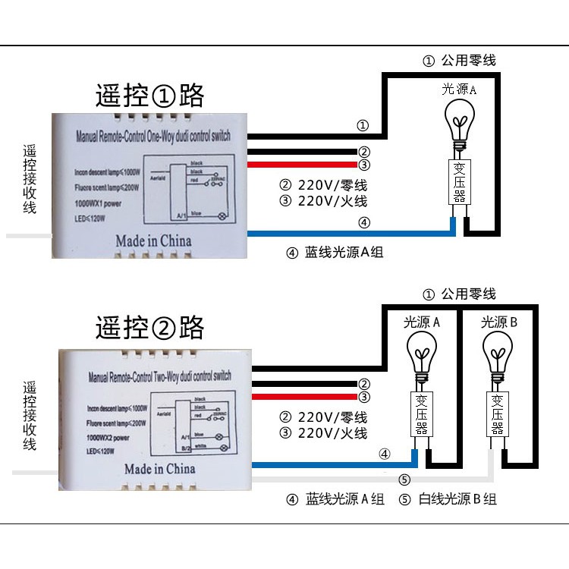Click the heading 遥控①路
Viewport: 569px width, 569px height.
pos(149,96)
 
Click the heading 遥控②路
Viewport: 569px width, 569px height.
pos(149,328)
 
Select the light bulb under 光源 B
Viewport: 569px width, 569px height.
pos(498,354)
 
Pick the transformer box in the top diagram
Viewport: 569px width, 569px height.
pos(460,182)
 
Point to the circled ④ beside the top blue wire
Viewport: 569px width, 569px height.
pos(364,222)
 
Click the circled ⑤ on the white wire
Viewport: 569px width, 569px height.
pos(404,479)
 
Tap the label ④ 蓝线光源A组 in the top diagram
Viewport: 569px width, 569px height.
pos(334,253)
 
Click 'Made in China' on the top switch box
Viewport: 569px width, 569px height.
pos(153,240)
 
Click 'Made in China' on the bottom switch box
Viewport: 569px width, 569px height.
pos(159,468)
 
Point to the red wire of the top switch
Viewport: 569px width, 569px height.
pos(303,164)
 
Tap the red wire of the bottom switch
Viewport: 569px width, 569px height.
pos(303,396)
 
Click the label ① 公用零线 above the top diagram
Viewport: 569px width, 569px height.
pos(459,61)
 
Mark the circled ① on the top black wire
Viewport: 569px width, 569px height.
pos(363,125)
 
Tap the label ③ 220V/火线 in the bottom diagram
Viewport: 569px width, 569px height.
pos(323,433)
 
